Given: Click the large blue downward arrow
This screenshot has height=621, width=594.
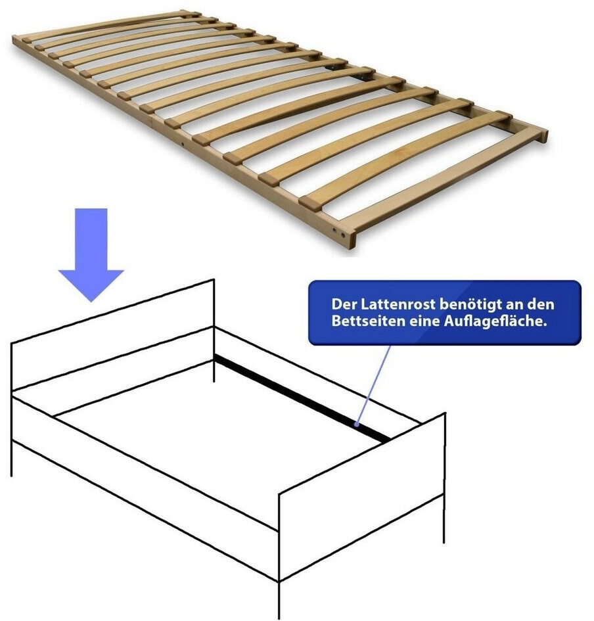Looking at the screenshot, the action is [91, 254].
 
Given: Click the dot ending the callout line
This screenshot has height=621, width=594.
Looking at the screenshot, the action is [357, 425].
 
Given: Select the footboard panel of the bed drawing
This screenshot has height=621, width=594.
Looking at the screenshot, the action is [362, 497].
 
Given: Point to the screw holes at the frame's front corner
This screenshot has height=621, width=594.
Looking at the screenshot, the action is [339, 233].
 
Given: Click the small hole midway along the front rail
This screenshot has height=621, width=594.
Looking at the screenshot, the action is [183, 144].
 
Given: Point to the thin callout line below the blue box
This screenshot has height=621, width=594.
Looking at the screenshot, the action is [373, 384].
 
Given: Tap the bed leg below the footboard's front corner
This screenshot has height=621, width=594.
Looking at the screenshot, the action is [279, 599].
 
